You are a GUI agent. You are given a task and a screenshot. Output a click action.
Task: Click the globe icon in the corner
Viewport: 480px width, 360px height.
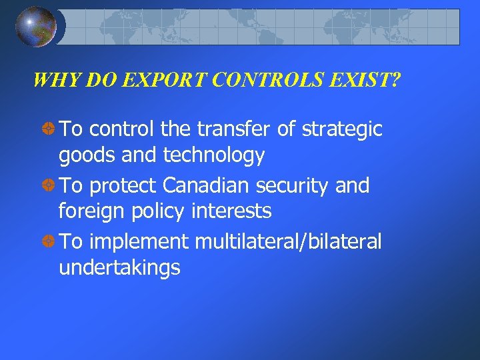click(35, 27)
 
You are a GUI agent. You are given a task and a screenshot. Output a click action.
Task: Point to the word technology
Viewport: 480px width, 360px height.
click(214, 156)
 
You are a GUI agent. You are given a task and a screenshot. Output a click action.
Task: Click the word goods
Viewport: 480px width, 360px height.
click(83, 156)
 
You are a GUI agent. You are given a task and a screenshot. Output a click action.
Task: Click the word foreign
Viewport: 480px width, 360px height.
click(87, 212)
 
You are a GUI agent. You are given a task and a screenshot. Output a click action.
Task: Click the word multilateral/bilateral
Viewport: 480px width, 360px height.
click(288, 241)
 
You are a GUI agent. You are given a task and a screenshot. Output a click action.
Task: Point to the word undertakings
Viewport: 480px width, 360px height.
click(119, 269)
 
